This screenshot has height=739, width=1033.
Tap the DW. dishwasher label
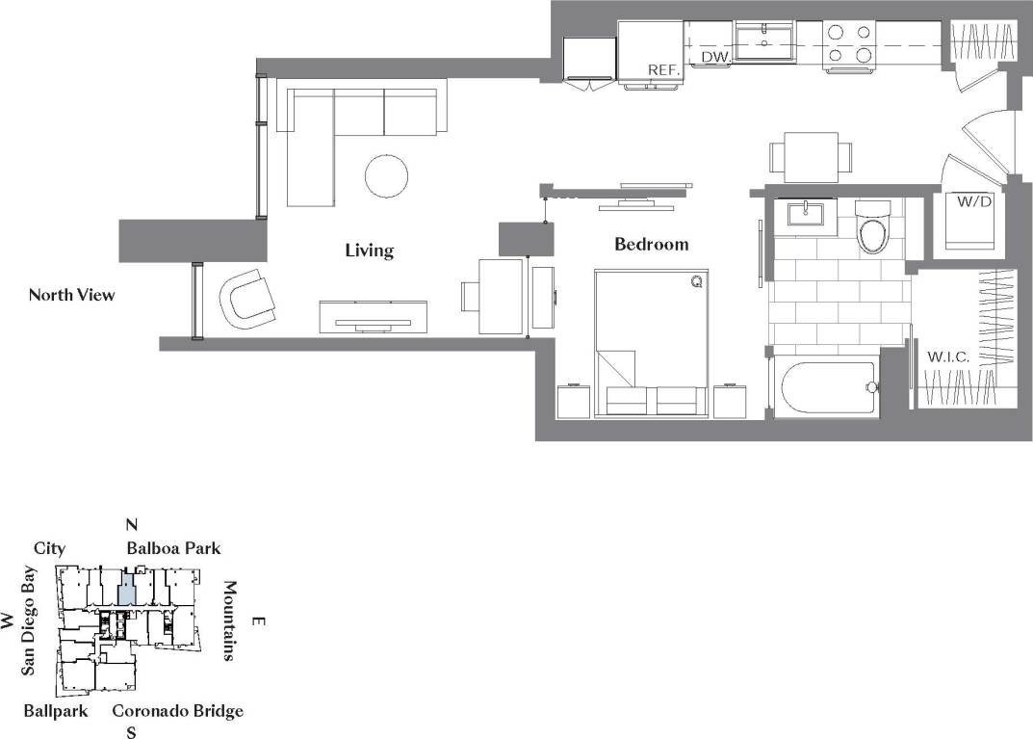713,58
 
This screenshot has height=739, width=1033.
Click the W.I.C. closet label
947,356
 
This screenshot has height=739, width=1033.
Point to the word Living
370,251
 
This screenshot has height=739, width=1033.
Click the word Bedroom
652,244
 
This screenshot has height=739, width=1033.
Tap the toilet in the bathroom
873,227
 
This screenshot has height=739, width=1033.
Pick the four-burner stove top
849,43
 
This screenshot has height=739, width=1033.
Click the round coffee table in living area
387,175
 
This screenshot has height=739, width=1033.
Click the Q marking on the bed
695,281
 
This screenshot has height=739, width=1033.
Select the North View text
71,295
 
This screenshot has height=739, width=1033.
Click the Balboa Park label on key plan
173,548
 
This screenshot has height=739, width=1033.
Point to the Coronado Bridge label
177,711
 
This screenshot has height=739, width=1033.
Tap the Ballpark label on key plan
56,711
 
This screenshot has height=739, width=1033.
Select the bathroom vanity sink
803,213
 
